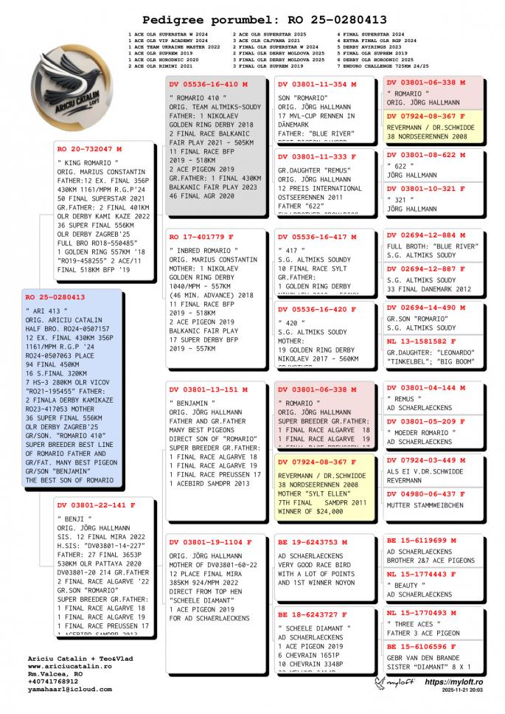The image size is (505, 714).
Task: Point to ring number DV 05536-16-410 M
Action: (x=209, y=85)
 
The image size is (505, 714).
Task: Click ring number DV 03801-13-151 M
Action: (x=209, y=389)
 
